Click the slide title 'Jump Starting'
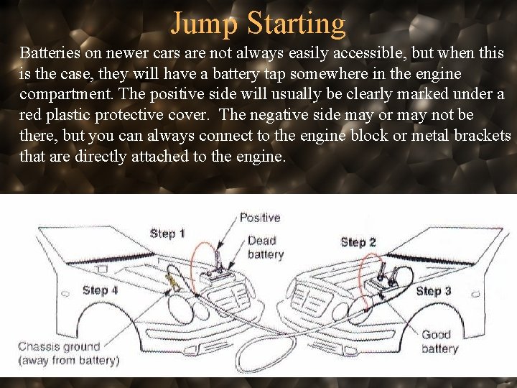coord(258,23)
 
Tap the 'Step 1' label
coord(167,233)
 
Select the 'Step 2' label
coord(358,242)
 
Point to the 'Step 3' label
coord(434,290)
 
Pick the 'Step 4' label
coord(100,290)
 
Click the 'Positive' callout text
coord(260,217)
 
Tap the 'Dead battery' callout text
coord(265,247)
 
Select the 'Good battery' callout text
coord(439,341)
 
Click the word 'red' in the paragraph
coord(31,116)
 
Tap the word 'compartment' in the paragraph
coord(62,95)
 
